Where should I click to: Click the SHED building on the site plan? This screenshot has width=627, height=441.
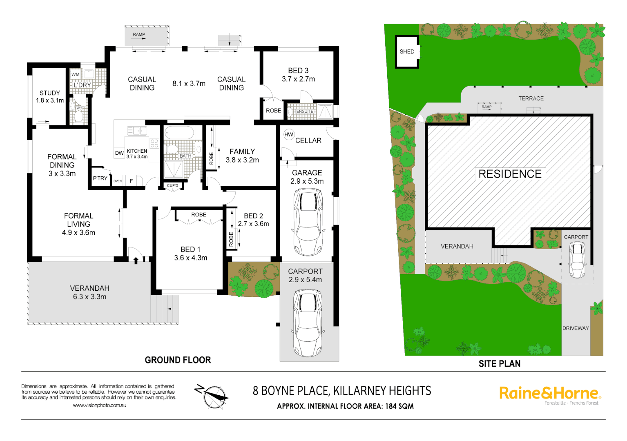407,51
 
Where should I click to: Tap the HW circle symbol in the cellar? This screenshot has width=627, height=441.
289,134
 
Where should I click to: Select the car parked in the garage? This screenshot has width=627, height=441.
308,222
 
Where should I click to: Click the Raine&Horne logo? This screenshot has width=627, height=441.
550,394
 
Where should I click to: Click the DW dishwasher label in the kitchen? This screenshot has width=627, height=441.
119,153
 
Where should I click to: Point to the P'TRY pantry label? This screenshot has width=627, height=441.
100,178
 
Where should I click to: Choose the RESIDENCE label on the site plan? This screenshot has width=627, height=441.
510,174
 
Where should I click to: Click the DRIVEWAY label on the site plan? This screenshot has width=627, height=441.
576,328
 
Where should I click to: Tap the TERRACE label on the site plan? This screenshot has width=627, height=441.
531,98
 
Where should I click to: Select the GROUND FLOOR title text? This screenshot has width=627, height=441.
178,360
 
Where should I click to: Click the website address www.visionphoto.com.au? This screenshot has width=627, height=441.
100,405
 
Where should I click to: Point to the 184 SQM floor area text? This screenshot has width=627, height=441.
399,406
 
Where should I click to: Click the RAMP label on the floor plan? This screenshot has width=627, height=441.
139,35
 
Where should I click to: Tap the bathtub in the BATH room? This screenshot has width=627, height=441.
179,133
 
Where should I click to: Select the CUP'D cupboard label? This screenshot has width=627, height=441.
172,185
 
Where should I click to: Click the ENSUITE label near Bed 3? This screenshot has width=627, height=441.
305,111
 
